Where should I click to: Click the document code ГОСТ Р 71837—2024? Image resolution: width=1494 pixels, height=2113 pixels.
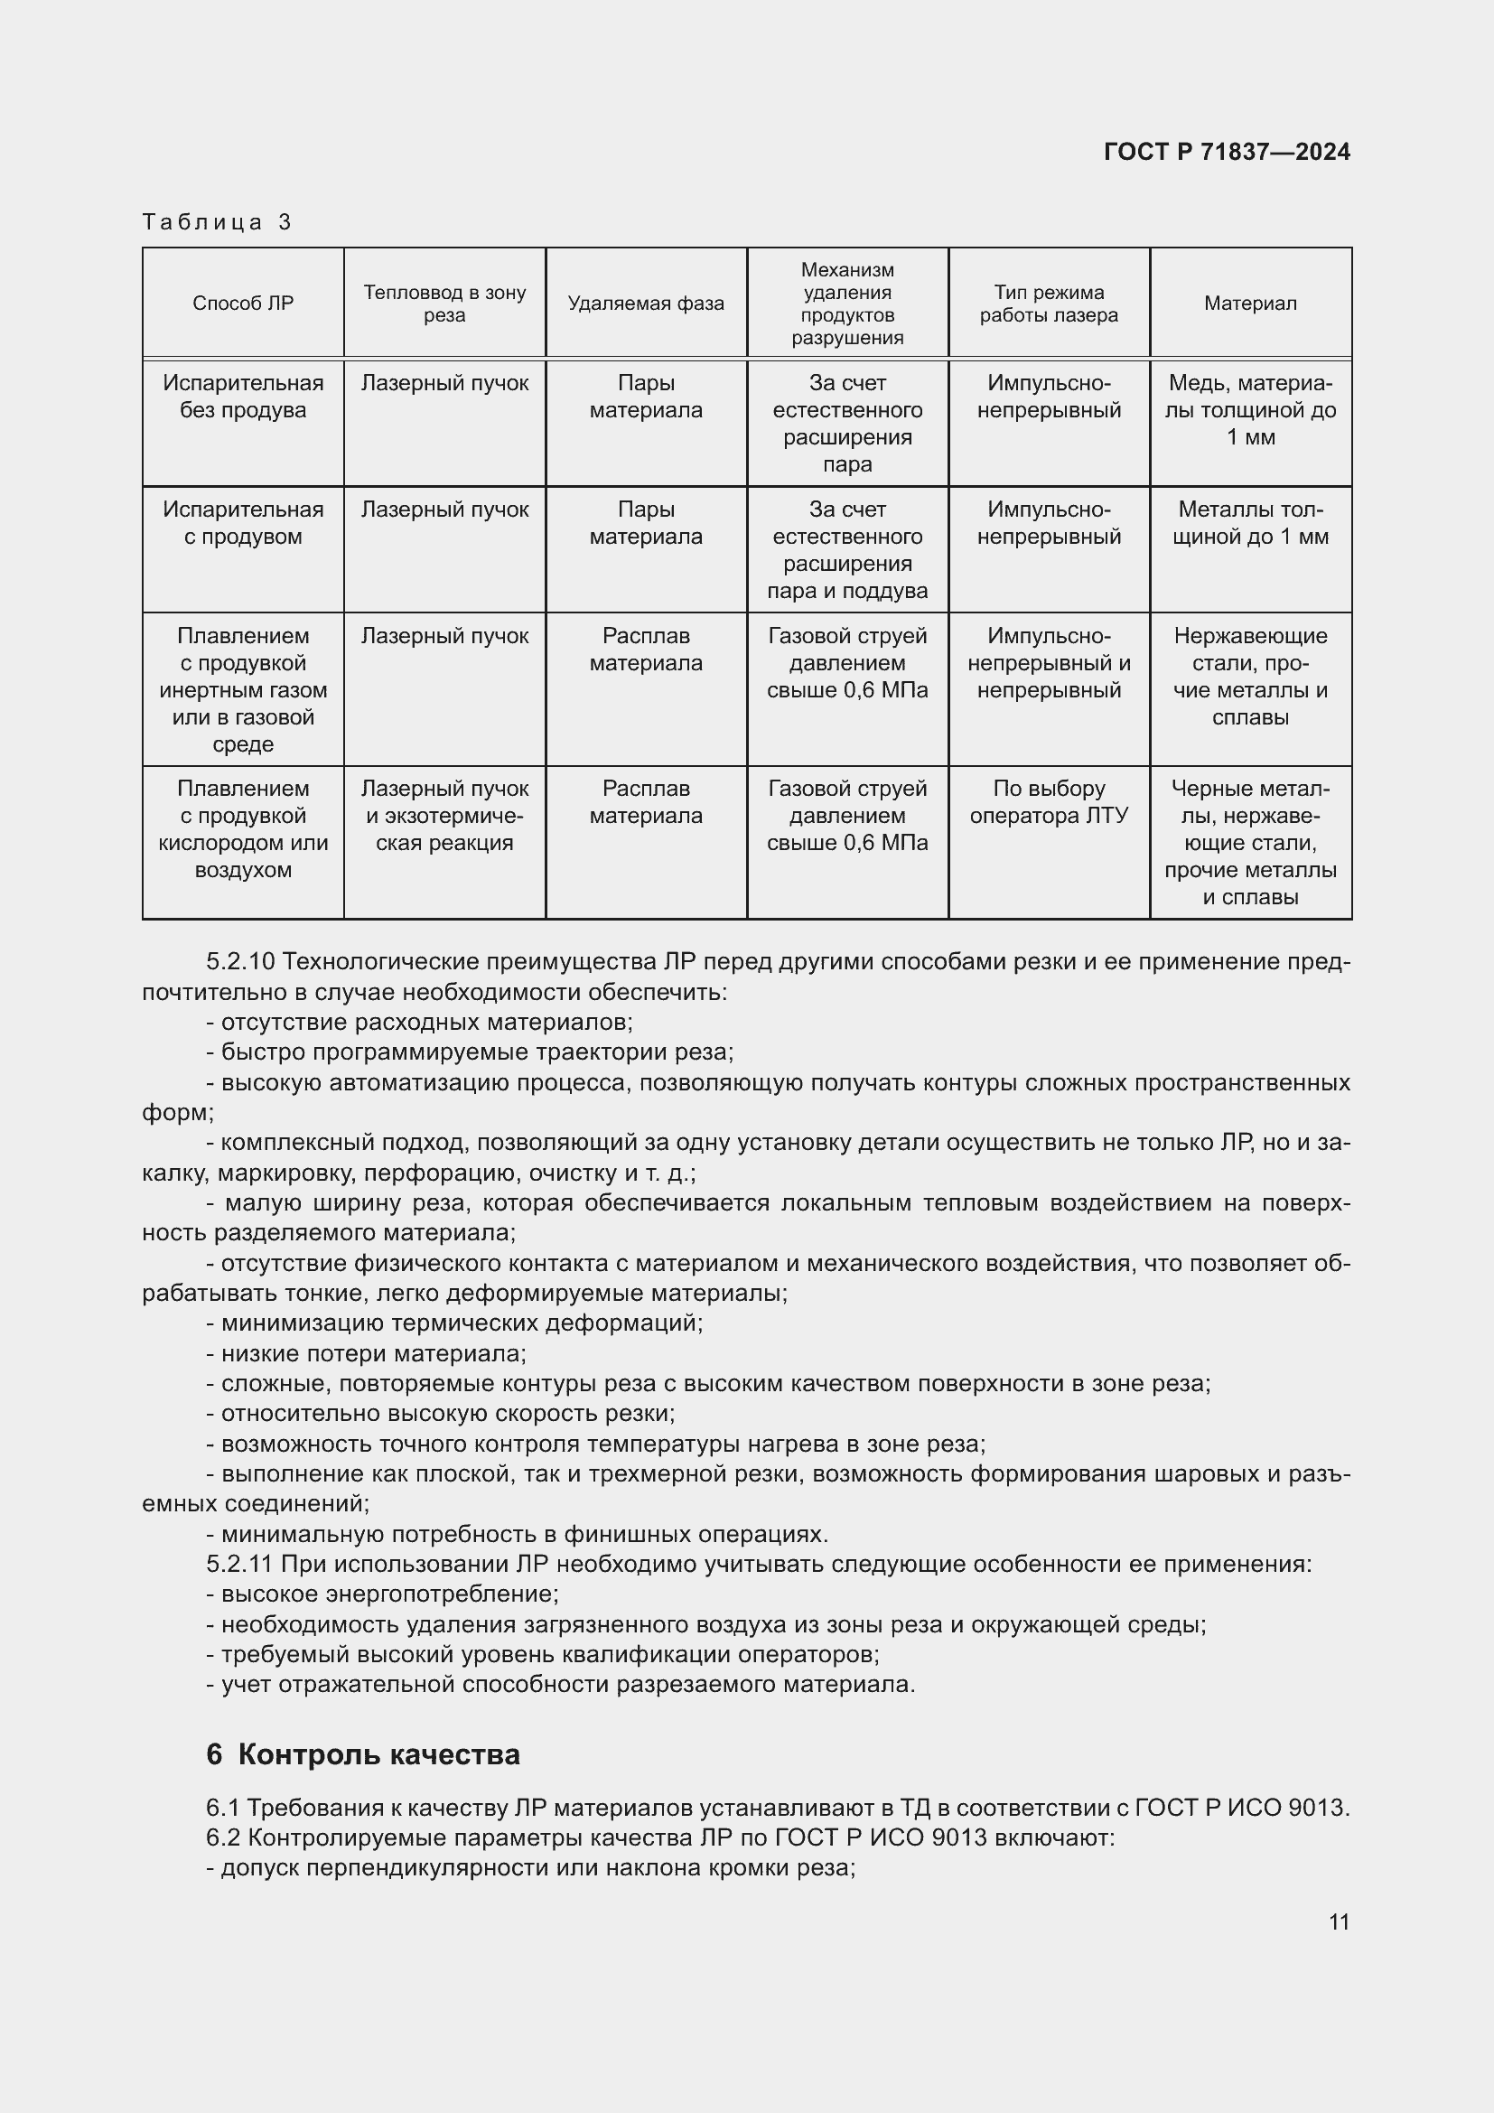pos(1227,152)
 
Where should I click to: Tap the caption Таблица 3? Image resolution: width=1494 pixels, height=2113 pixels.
pos(217,222)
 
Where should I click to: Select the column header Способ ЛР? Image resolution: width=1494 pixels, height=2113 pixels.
pos(243,304)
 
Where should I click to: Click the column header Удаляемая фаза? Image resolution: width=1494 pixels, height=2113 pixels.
pos(646,304)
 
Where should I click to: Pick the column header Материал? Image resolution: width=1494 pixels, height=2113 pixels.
pos(1250,304)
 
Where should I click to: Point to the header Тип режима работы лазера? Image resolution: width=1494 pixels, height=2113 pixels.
pos(1049,304)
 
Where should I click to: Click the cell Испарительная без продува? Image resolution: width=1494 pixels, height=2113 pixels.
pos(243,397)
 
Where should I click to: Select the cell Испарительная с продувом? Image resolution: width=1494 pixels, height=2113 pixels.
pos(243,523)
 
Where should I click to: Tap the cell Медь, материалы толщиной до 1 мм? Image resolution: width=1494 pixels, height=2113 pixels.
pos(1250,409)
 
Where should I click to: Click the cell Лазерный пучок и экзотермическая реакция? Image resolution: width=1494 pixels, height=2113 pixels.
pos(444,816)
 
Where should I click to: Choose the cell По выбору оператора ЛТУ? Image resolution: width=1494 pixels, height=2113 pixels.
pos(1049,801)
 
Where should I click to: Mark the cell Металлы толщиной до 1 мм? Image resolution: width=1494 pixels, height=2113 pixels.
pos(1250,523)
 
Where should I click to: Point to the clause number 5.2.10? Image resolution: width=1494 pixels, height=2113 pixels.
pos(240,962)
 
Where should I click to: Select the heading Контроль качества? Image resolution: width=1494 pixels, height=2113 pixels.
pos(378,1754)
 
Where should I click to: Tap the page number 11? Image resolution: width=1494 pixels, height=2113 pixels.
pos(1339,1921)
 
